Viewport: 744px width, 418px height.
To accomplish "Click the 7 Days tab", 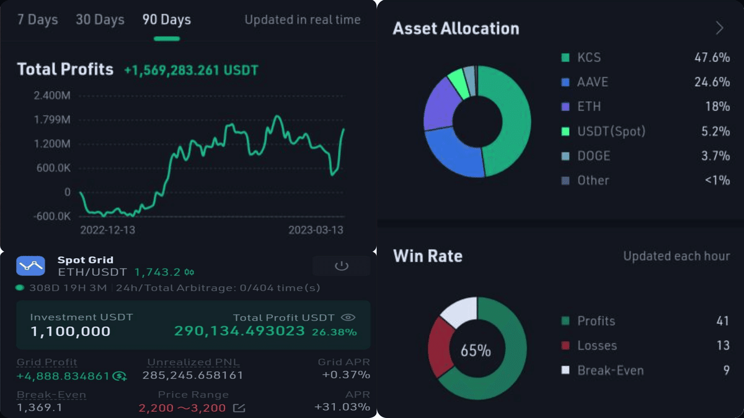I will coord(37,20).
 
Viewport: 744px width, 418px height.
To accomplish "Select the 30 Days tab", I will coord(100,20).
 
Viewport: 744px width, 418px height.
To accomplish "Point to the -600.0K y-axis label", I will coord(51,216).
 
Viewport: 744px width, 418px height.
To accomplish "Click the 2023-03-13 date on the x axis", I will coord(316,230).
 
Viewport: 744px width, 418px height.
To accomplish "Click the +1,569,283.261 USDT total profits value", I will coord(191,70).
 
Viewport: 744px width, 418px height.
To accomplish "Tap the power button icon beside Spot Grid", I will coord(341,266).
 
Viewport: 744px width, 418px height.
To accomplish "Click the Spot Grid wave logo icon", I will coord(30,265).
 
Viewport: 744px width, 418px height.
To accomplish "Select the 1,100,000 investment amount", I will coord(70,331).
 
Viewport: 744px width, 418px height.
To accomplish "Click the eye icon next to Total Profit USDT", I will coord(348,318).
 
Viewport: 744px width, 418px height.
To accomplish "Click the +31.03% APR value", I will coord(342,407).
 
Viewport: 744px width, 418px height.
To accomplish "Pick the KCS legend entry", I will coord(588,58).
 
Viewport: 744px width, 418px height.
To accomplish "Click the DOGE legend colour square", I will coord(565,156).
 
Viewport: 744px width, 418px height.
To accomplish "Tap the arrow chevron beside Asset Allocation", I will coord(719,29).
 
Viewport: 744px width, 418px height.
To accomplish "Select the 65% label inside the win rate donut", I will coord(476,350).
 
